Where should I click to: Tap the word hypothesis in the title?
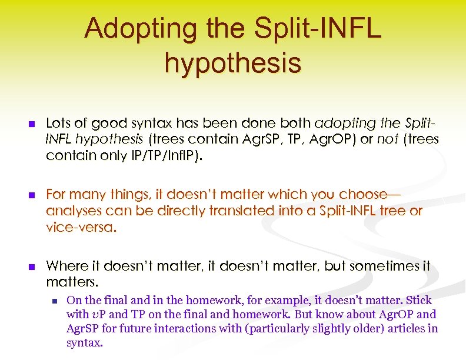tap(233, 62)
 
